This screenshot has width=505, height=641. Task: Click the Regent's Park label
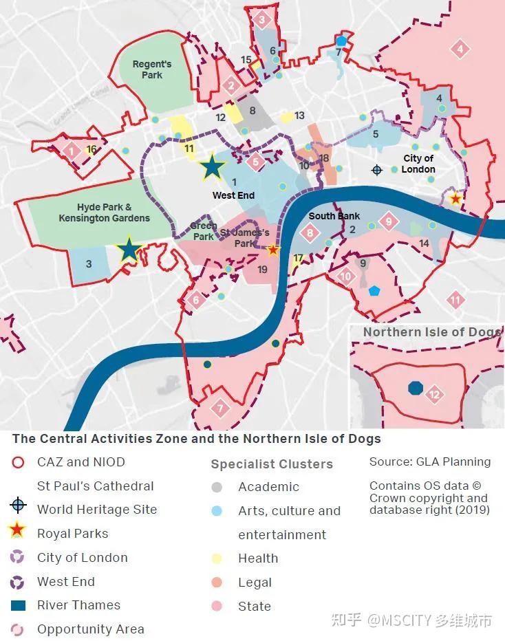[152, 69]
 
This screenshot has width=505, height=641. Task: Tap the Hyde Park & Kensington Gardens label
[104, 213]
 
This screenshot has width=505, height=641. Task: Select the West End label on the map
[233, 195]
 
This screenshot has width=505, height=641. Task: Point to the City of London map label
[418, 164]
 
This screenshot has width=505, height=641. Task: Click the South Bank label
[334, 216]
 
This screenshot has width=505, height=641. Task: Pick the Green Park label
[204, 231]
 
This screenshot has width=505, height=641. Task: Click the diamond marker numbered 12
[434, 395]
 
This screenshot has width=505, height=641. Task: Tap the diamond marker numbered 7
[220, 407]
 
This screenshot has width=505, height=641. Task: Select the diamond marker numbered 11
[455, 300]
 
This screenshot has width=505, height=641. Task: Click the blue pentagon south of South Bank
[374, 291]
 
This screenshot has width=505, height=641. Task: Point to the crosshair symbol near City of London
[376, 169]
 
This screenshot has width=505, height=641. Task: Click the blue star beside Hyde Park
[129, 250]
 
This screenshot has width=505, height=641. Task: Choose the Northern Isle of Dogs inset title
[431, 332]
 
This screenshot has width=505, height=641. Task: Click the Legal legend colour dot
[217, 583]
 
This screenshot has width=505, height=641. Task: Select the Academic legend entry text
[268, 487]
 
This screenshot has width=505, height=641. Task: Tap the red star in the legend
[19, 531]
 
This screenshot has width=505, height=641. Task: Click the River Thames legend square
[19, 605]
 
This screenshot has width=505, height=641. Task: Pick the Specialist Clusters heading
[272, 464]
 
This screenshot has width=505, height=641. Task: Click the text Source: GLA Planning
[430, 461]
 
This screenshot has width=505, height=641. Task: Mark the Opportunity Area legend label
[91, 629]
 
